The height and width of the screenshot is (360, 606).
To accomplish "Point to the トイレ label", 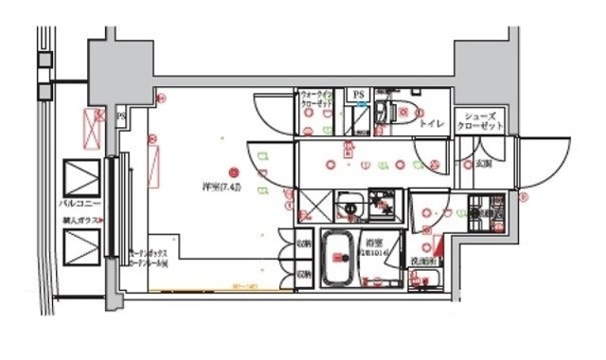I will tap(433, 123).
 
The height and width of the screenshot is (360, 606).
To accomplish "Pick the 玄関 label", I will tap(484, 163).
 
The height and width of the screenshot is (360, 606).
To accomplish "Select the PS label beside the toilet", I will tap(358, 95).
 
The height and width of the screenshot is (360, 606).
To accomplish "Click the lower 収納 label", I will tap(303, 274).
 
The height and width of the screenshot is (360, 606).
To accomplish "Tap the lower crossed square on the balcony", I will tap(79, 249).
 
